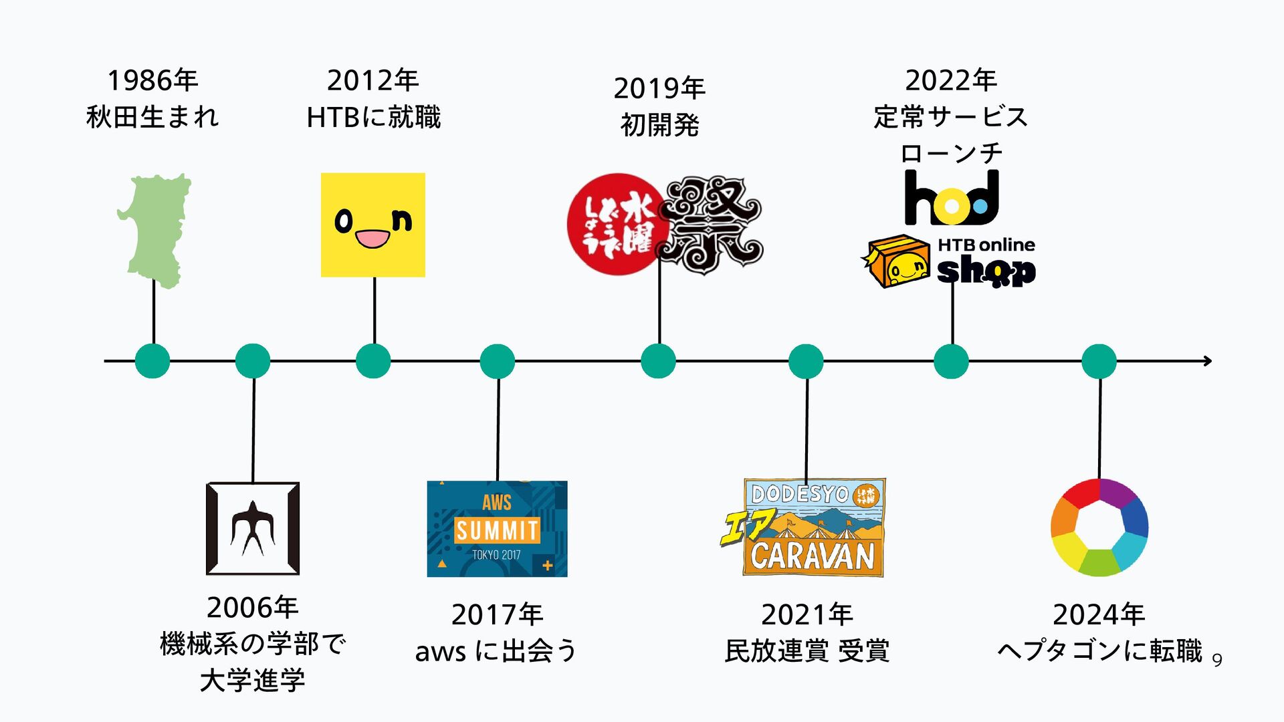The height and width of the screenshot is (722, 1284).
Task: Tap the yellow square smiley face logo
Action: click(373, 225)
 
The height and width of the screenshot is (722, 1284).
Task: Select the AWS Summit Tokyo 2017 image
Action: click(497, 529)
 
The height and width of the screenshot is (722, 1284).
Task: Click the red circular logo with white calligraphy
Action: click(617, 225)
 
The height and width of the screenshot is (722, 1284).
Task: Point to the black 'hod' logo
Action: click(952, 198)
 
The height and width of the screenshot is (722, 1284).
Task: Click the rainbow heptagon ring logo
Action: click(1099, 527)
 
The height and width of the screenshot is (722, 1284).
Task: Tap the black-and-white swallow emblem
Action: click(253, 528)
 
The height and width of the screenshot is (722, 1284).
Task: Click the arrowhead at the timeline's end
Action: click(1208, 361)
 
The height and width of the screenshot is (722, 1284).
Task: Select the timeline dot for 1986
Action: click(152, 361)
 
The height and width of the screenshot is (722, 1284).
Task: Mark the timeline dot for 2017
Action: click(497, 361)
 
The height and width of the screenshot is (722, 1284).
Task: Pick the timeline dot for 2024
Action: click(1099, 361)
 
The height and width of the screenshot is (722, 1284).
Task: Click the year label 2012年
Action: click(372, 81)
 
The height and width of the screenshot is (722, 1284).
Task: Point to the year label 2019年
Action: click(659, 88)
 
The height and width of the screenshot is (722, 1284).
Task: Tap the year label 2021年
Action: click(807, 614)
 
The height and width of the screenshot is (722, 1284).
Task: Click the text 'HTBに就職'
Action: click(373, 118)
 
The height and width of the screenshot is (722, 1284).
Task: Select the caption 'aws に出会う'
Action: click(496, 650)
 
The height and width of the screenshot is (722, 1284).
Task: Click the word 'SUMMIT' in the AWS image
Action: click(497, 531)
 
